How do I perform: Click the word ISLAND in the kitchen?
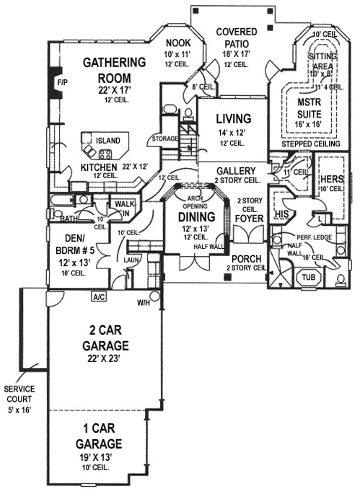(108, 139)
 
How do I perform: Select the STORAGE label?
(164, 138)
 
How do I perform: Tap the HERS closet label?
(331, 179)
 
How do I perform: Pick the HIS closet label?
(282, 213)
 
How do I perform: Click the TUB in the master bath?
(309, 277)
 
